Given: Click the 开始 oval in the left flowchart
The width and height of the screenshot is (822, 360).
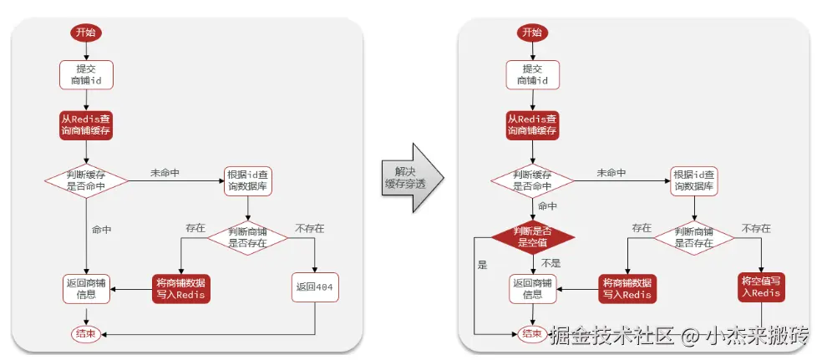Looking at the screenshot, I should click(x=86, y=33).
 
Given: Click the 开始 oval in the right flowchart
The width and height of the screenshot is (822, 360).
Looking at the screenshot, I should click(x=532, y=33).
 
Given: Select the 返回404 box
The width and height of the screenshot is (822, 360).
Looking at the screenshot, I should click(x=314, y=287).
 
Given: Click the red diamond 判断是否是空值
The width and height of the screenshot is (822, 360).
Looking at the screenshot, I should click(x=532, y=236).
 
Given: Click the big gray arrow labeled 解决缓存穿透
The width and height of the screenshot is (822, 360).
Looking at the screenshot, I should click(x=410, y=177).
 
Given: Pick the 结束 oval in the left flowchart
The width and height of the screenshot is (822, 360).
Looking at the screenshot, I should click(x=86, y=334).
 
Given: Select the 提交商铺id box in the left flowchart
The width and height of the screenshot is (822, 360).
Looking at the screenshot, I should click(x=86, y=74).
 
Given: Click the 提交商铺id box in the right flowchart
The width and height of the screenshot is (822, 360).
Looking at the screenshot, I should click(x=532, y=74).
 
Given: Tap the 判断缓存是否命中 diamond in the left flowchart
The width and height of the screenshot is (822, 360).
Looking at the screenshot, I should click(x=86, y=180).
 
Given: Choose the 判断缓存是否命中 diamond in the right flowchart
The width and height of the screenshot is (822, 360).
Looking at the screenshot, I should click(x=532, y=180).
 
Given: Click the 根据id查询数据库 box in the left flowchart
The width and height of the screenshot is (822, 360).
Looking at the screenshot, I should click(x=248, y=180).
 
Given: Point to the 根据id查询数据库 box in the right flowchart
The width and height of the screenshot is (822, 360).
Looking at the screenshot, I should click(x=694, y=180).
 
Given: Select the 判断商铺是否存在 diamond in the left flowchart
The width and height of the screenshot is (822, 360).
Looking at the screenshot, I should click(x=248, y=236).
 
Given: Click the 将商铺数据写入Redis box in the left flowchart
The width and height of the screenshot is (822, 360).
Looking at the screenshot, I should click(x=180, y=287).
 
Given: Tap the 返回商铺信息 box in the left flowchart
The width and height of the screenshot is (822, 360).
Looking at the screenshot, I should click(x=86, y=287).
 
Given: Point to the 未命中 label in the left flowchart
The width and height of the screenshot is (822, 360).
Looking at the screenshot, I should click(x=165, y=173).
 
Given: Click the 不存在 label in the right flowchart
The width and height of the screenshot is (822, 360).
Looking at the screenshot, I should click(x=755, y=228).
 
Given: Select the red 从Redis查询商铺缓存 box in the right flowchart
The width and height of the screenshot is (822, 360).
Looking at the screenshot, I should click(x=532, y=125).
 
